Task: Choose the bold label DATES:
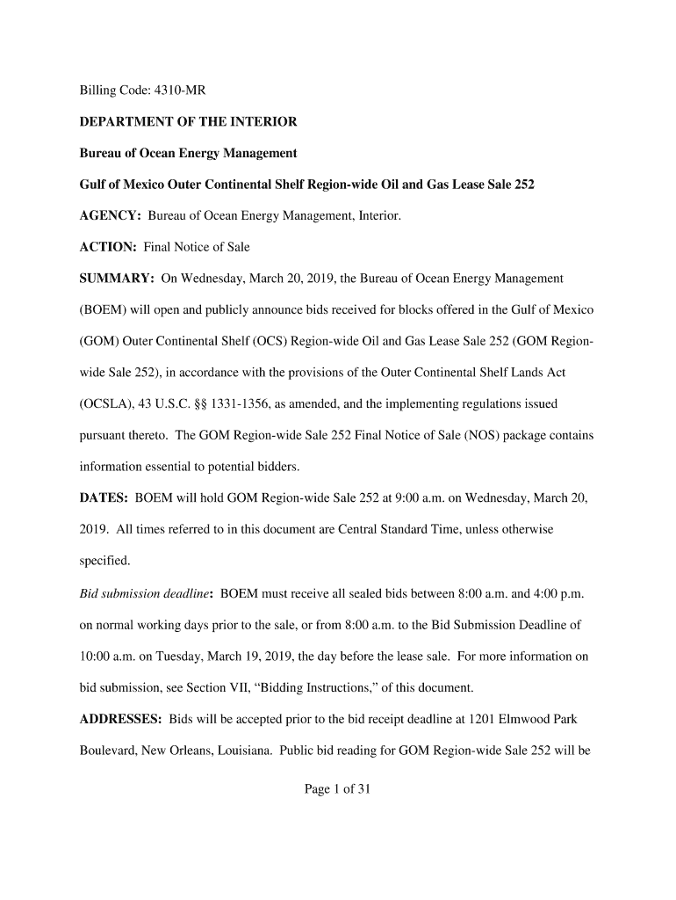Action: tap(104, 498)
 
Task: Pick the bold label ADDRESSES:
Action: tap(121, 719)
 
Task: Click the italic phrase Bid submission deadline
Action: tap(145, 593)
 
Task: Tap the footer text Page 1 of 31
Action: tap(338, 789)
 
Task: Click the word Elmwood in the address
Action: tap(530, 719)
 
